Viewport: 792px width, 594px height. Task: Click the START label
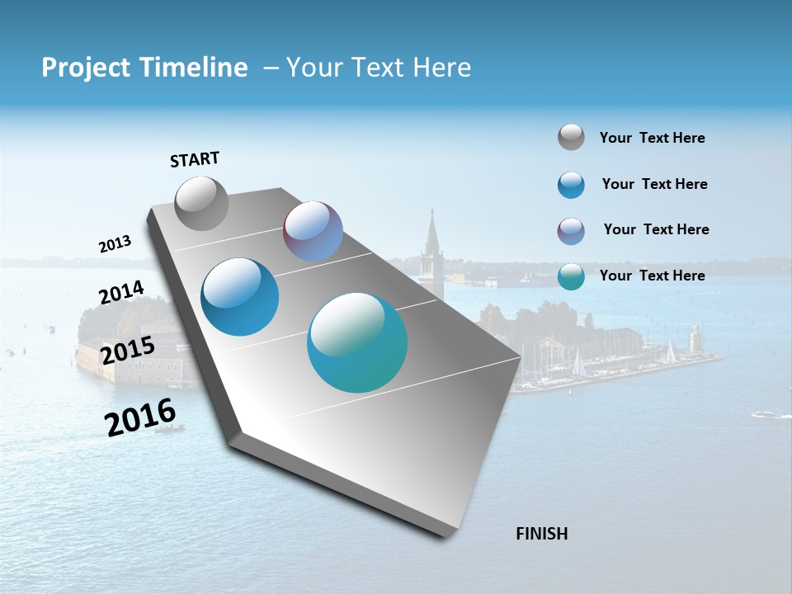coord(195,159)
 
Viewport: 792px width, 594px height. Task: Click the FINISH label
coord(541,534)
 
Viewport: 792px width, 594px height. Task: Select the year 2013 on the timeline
coord(115,244)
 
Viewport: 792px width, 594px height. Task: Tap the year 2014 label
coord(121,293)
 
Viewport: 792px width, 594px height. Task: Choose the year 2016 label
coord(140,417)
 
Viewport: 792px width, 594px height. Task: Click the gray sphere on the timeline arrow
coord(201,203)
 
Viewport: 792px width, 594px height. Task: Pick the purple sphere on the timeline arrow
coord(313,231)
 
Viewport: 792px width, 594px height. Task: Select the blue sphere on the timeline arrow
coord(239,297)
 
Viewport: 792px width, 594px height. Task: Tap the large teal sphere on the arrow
coord(357,342)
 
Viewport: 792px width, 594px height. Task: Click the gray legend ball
coord(571,137)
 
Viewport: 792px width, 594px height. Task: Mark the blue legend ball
coord(571,185)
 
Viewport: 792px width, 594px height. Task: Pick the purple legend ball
coord(571,231)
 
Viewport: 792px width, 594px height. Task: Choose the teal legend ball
coord(571,276)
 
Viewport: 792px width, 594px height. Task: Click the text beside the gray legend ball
coord(652,139)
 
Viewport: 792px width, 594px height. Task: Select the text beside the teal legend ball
coord(652,276)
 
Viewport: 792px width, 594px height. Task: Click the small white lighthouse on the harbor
coord(695,338)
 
